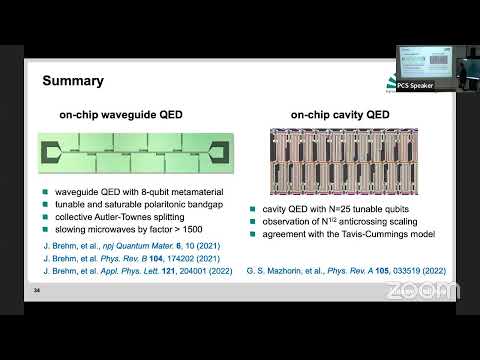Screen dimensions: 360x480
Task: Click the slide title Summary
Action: (x=71, y=80)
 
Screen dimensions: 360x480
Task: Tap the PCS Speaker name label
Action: (x=414, y=86)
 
